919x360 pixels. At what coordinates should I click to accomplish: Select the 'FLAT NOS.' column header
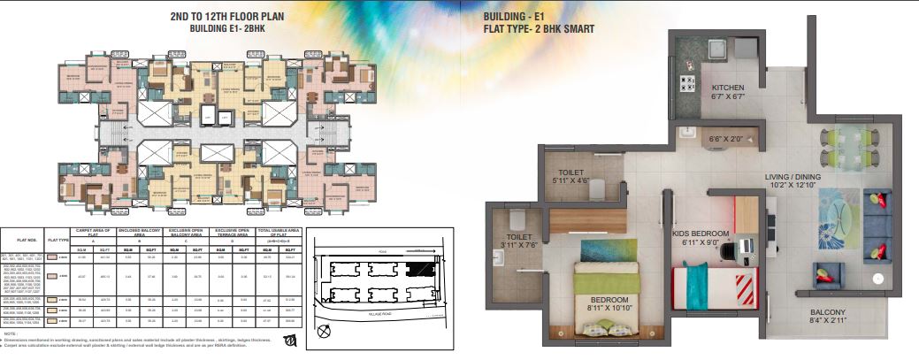click(x=28, y=239)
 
